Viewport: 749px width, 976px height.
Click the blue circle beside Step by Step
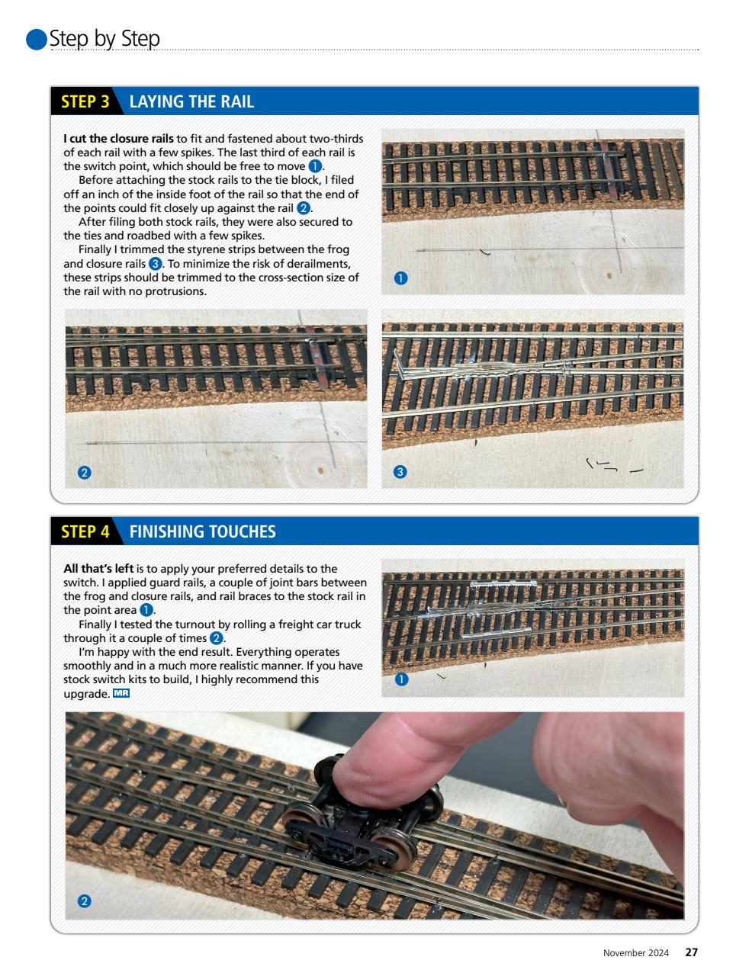(x=37, y=40)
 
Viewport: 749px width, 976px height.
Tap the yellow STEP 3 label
(x=85, y=102)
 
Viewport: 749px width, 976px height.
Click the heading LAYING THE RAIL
(x=191, y=102)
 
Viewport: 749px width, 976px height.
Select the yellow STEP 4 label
(x=85, y=531)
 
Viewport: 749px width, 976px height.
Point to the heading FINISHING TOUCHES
(x=202, y=531)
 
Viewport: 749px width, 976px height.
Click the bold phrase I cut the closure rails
(x=118, y=139)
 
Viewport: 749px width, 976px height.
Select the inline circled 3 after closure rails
(x=155, y=264)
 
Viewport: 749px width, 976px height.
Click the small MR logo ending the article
(x=121, y=693)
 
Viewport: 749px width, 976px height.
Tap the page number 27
(x=691, y=952)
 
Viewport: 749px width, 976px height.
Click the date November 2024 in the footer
(x=636, y=953)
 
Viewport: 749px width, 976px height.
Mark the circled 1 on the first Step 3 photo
(x=400, y=278)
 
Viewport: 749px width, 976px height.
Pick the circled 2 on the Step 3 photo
(x=85, y=472)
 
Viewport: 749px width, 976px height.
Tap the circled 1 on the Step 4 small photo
(x=400, y=679)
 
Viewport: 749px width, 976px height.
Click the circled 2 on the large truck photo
(x=85, y=901)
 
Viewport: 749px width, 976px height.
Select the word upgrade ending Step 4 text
(x=86, y=694)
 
